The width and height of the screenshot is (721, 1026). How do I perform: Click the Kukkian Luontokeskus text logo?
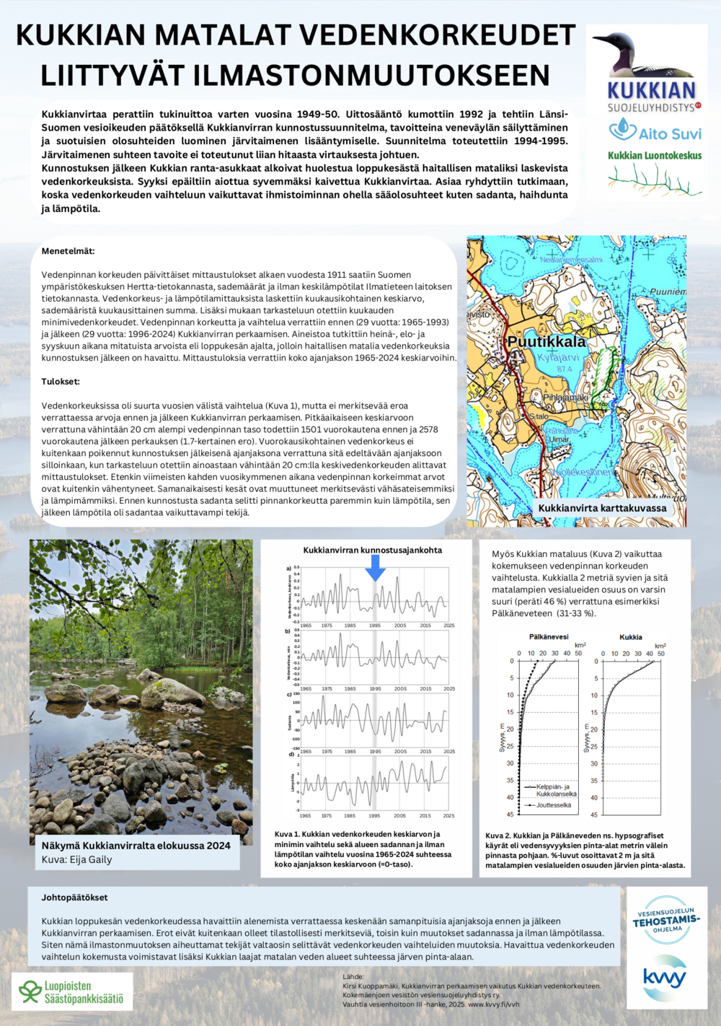pos(654,155)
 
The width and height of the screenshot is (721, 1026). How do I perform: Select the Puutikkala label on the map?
pos(546,341)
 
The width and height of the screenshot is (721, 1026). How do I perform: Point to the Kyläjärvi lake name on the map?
pos(558,357)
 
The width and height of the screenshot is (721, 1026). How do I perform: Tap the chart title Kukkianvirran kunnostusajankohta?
pos(372,550)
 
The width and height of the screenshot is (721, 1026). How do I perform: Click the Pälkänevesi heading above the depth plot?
pos(549,637)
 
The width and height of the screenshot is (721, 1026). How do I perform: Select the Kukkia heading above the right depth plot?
pos(631,637)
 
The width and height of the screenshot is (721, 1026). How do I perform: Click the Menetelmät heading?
pos(68,251)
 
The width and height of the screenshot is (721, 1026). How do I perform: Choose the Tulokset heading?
pos(61,381)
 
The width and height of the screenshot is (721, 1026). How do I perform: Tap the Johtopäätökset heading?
pos(74,898)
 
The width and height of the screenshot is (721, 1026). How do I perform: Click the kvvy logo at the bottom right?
pos(664,978)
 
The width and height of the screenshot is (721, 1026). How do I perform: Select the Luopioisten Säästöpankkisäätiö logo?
pos(72,992)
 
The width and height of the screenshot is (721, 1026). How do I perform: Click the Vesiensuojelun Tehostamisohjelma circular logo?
pos(666,920)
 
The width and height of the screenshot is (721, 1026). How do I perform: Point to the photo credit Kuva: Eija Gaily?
pos(76,859)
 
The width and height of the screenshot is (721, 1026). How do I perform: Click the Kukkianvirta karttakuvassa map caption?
pos(602,508)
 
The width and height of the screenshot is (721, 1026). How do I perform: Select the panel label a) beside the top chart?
pos(289,569)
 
